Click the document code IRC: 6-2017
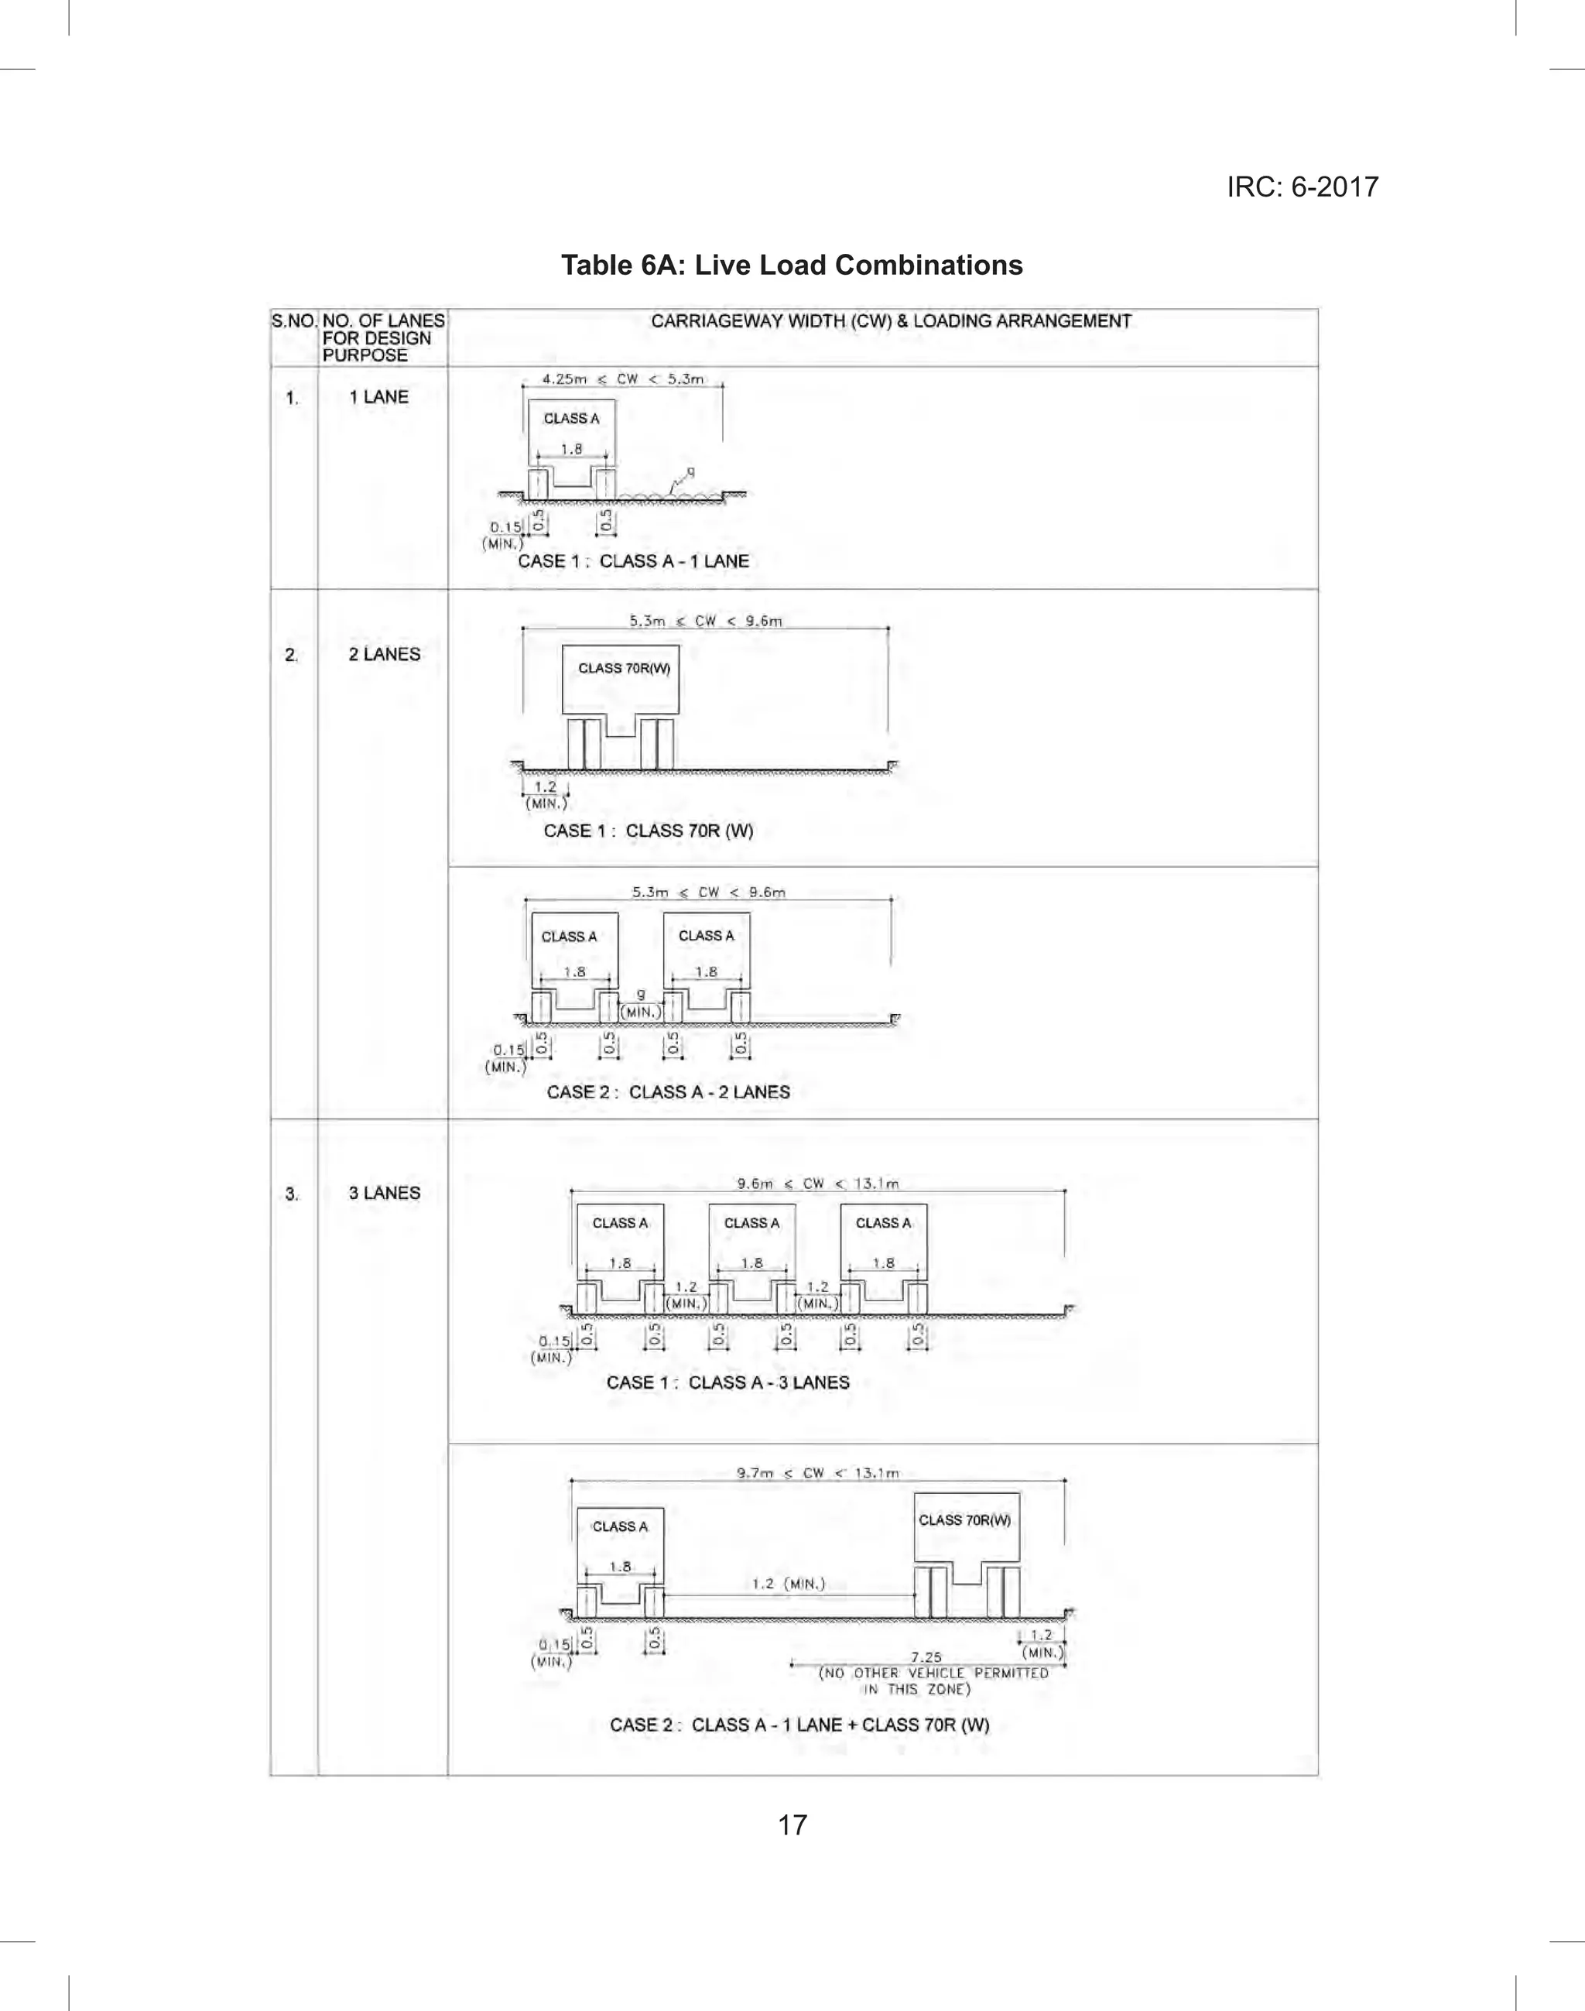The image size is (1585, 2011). point(1302,187)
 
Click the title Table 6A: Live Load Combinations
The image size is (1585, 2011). point(792,266)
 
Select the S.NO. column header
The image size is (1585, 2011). point(294,321)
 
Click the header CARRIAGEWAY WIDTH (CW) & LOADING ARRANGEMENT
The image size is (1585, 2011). point(891,321)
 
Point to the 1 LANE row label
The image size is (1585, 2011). point(378,396)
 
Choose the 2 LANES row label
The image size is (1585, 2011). point(384,654)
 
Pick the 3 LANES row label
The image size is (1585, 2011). point(384,1193)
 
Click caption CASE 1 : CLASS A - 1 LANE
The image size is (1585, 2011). point(633,560)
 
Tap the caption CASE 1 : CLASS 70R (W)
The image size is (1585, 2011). point(648,831)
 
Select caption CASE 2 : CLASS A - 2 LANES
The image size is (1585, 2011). point(668,1091)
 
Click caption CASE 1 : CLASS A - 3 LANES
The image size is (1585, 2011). point(727,1382)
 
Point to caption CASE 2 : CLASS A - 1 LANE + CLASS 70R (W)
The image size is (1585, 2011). point(799,1725)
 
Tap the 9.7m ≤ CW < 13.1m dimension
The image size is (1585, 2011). point(817,1473)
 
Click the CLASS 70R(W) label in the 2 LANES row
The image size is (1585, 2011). point(624,668)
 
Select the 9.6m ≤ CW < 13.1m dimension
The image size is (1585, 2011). point(817,1184)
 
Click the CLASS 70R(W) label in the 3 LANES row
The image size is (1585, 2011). point(964,1519)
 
